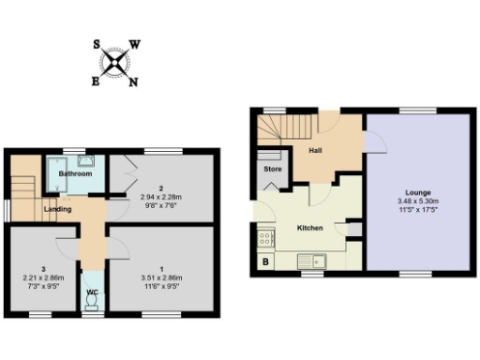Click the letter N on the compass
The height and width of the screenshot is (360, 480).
[x=133, y=82]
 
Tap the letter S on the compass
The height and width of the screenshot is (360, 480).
[x=98, y=43]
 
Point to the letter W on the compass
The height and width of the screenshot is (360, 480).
[x=135, y=44]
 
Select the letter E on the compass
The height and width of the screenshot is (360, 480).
[x=96, y=82]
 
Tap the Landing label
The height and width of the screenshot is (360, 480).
[x=57, y=208]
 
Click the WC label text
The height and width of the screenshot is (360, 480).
[x=93, y=292]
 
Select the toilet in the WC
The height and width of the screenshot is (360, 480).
[x=93, y=304]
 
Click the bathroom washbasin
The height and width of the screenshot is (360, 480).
[x=86, y=160]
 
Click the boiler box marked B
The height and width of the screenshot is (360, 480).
[x=265, y=262]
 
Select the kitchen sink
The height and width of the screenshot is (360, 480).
[x=310, y=261]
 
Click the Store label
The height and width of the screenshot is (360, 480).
[x=272, y=170]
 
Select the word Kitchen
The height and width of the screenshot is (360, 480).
[x=310, y=228]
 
